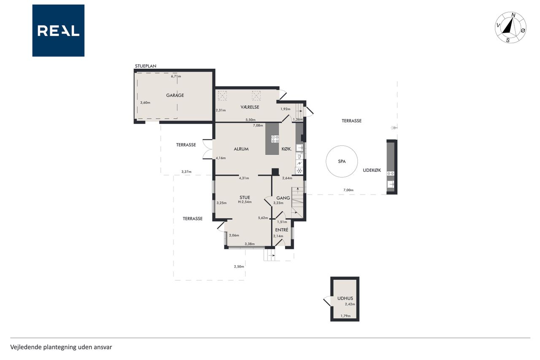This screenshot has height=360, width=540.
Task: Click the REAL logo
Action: click(58, 31)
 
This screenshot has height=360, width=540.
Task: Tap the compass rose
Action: click(510, 28)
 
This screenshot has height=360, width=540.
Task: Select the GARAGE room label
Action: click(175, 95)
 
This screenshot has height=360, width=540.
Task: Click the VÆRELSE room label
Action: click(250, 107)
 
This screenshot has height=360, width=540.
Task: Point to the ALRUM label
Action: click(241, 149)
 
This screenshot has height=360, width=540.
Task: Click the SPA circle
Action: click(342, 161)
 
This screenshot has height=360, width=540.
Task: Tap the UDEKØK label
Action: click(372, 170)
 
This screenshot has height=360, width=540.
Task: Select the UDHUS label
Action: click(345, 298)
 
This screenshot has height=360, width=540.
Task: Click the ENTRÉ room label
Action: click(281, 230)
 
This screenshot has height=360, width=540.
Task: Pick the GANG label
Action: click(283, 198)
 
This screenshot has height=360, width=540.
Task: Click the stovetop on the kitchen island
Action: click(275, 139)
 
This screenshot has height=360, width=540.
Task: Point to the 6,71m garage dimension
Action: click(176, 76)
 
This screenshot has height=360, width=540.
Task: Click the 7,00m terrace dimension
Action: click(348, 190)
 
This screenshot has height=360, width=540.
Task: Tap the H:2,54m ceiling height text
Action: click(245, 202)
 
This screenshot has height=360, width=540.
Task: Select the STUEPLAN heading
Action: click(146, 66)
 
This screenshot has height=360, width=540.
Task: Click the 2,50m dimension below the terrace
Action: click(239, 266)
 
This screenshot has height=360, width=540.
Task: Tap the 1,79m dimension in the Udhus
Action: click(346, 316)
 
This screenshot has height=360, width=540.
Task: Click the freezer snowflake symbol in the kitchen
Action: click(300, 171)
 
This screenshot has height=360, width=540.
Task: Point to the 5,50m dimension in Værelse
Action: click(251, 119)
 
